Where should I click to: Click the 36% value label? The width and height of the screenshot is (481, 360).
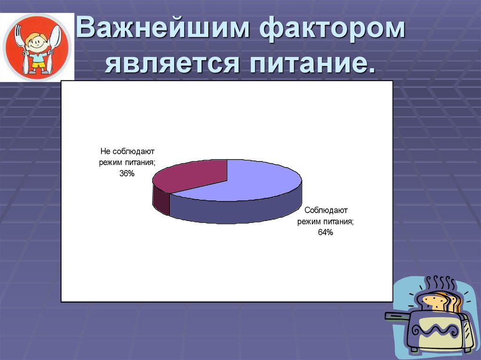click(x=126, y=174)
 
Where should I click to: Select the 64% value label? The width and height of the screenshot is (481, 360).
click(x=325, y=232)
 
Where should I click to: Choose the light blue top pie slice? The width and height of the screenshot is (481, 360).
click(x=249, y=181)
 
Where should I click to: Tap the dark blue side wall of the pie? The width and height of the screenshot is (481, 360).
click(x=235, y=211)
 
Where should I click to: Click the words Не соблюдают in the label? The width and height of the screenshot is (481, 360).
click(x=127, y=152)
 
